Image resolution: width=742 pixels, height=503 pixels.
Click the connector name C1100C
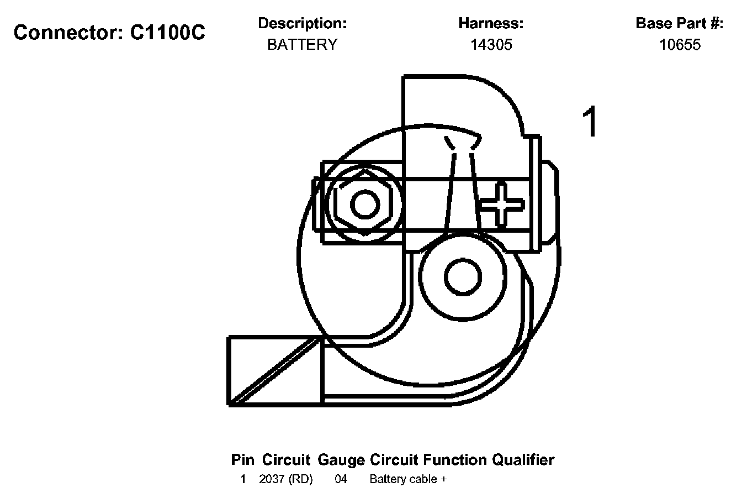point(167,33)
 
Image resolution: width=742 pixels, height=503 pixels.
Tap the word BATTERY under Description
point(302,45)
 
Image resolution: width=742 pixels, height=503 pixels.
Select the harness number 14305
point(491,45)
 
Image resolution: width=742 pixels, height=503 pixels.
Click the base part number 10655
point(680,45)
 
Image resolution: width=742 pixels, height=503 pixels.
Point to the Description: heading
point(302,24)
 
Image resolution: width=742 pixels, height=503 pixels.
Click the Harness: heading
point(491,24)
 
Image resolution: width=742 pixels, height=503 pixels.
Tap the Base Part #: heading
point(679,24)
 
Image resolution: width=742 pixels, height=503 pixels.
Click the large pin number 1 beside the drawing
point(590,123)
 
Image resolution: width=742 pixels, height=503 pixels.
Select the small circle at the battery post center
point(463,277)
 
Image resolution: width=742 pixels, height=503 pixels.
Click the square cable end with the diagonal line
point(275,371)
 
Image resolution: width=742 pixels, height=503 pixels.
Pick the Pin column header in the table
point(243,460)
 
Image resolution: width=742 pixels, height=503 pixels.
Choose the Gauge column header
point(341,460)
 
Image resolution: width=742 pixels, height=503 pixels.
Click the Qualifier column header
point(523,460)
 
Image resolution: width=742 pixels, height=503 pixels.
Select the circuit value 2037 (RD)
point(285,479)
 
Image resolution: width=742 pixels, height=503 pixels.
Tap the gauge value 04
point(341,479)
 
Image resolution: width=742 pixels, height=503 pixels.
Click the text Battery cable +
point(408,479)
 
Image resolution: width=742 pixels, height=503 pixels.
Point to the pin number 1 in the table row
point(243,479)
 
